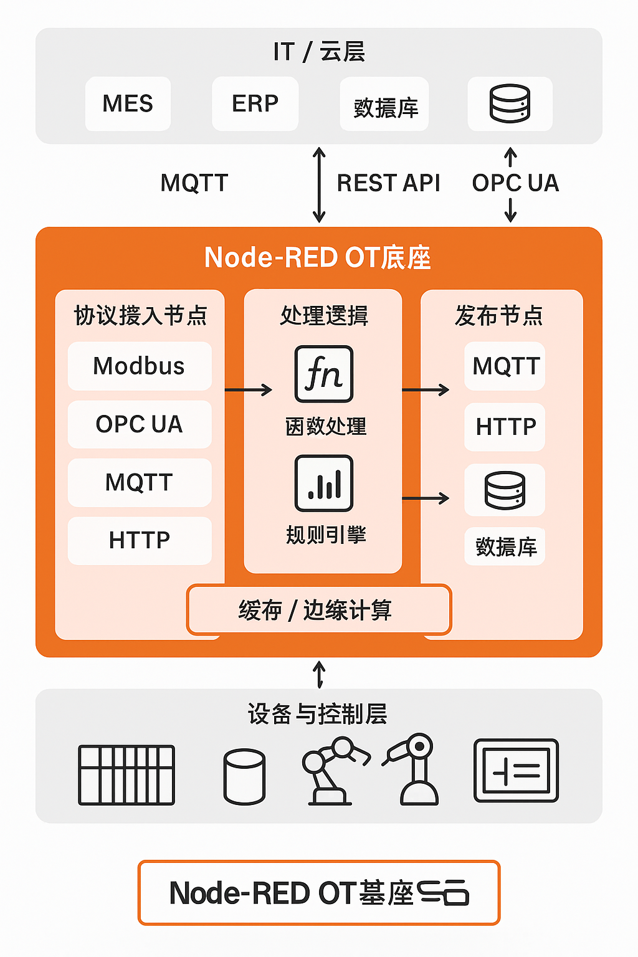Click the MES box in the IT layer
pyautogui.click(x=128, y=103)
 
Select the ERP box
pyautogui.click(x=255, y=103)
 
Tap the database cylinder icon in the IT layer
pyautogui.click(x=510, y=103)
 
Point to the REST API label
pyautogui.click(x=388, y=183)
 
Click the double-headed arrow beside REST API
pyautogui.click(x=319, y=184)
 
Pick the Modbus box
pyautogui.click(x=139, y=366)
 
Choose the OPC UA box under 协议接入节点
pyautogui.click(x=139, y=424)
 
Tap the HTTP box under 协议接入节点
pyautogui.click(x=139, y=540)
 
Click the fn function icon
pyautogui.click(x=323, y=374)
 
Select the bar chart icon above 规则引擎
pyautogui.click(x=323, y=483)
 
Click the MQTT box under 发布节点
pyautogui.click(x=505, y=366)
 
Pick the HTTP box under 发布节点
pyautogui.click(x=505, y=427)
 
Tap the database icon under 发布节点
pyautogui.click(x=505, y=490)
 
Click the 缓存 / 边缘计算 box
pyautogui.click(x=318, y=610)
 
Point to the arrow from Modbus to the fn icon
pyautogui.click(x=248, y=390)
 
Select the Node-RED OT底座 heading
pyautogui.click(x=318, y=257)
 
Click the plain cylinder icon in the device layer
pyautogui.click(x=244, y=776)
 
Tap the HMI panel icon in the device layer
pyautogui.click(x=516, y=771)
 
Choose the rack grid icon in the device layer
pyautogui.click(x=126, y=774)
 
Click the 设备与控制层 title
pyautogui.click(x=318, y=714)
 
